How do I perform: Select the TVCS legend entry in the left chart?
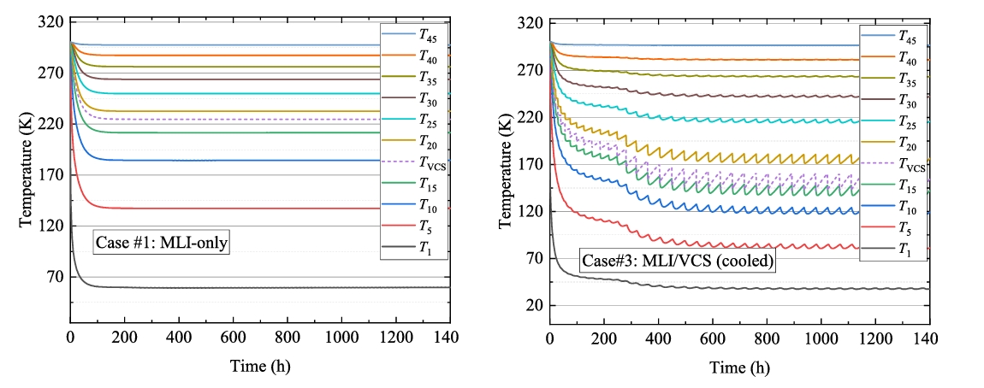pos(425,162)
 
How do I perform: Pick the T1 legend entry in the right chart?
pos(904,249)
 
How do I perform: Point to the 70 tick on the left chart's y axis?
pos(55,276)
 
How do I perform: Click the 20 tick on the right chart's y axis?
pos(535,305)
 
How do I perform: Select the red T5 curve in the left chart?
pos(257,208)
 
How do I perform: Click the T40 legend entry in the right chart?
pos(904,59)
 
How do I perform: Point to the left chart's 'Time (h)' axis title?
pos(259,367)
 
